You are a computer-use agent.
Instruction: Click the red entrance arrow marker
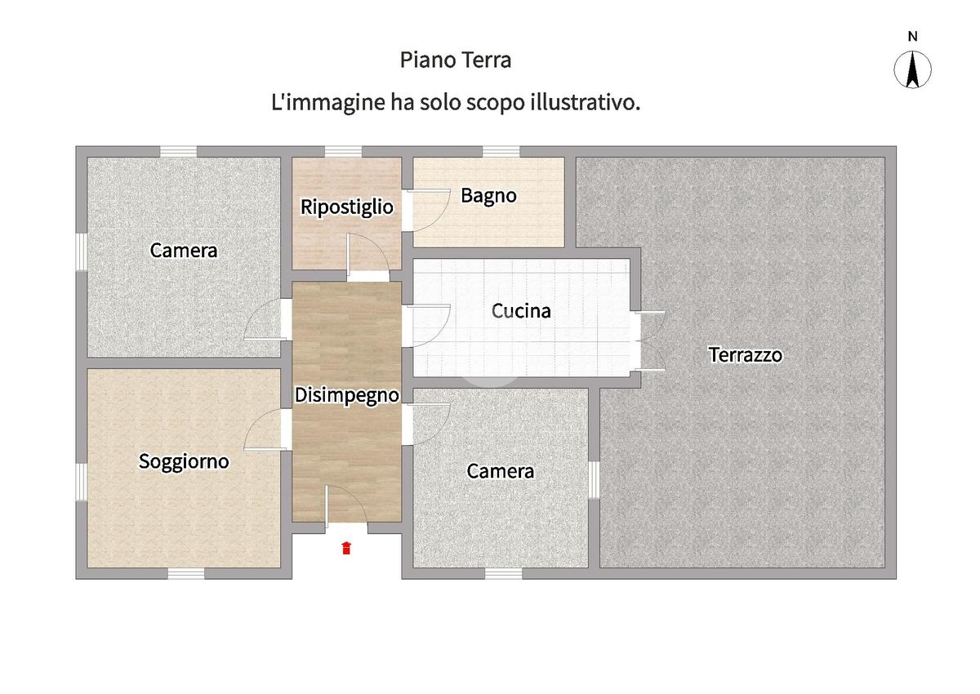pos(346,548)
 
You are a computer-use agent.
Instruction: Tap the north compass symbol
pos(913,69)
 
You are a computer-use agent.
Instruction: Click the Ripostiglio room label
pos(347,207)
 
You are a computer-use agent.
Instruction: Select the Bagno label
pos(488,195)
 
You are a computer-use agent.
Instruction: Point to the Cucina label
pos(521,311)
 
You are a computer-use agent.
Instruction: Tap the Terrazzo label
pos(746,354)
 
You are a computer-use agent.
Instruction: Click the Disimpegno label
pos(347,396)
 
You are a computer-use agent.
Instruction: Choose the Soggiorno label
pos(184,462)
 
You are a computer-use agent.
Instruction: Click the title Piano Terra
pos(456,60)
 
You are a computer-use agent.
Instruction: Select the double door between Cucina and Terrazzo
pos(650,341)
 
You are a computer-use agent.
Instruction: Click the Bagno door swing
pos(426,210)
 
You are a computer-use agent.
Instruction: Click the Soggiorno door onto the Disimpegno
pos(268,429)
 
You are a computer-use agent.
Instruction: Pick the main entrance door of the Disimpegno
pos(346,507)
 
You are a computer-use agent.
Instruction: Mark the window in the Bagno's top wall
pos(501,152)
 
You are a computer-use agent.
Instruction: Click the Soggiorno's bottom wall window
pos(186,573)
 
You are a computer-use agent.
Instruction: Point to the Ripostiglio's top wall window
pos(344,152)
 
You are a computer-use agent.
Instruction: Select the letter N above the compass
pos(913,37)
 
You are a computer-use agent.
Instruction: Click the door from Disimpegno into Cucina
pos(426,326)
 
